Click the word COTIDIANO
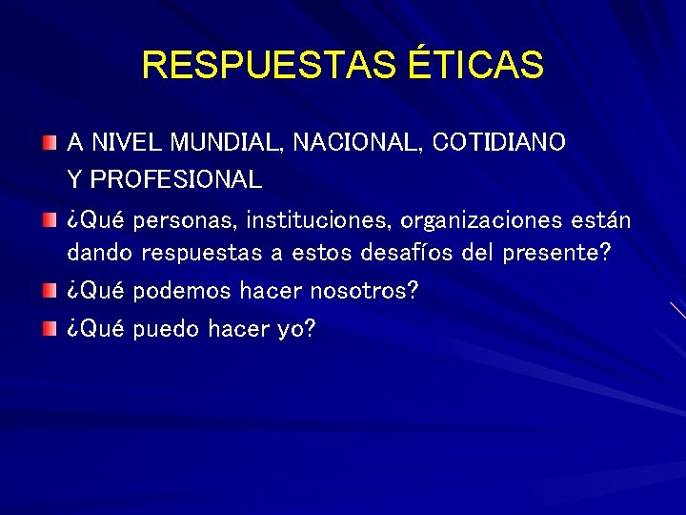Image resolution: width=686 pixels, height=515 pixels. pyautogui.click(x=498, y=143)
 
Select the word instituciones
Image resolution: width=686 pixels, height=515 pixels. pyautogui.click(x=318, y=221)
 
